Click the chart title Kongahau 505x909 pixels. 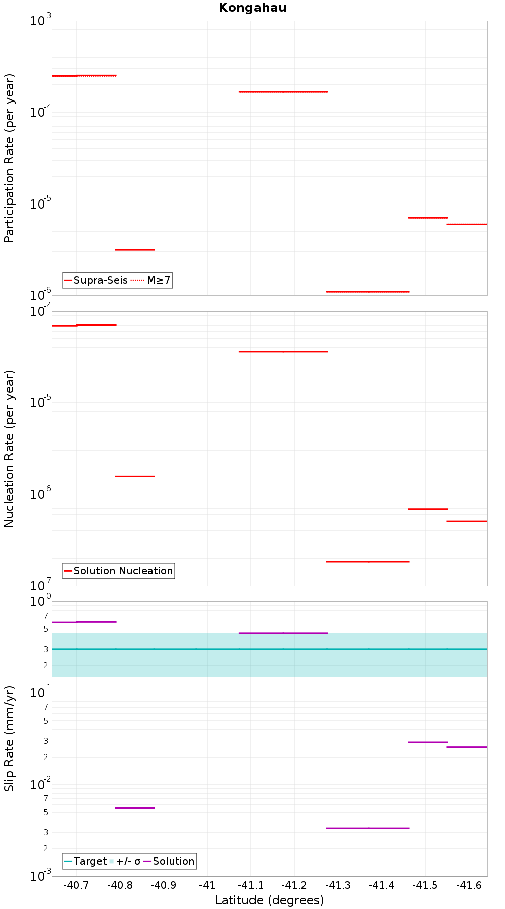coord(252,8)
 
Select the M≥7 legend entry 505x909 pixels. coord(151,280)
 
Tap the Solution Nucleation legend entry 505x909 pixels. coord(119,571)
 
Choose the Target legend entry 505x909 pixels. coord(85,861)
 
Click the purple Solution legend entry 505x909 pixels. coord(169,861)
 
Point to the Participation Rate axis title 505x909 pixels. coord(9,158)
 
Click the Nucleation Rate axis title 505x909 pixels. coord(9,449)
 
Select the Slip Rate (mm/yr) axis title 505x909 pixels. coord(9,739)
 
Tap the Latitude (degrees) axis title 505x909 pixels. coord(270,900)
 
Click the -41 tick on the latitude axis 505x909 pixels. coord(207,885)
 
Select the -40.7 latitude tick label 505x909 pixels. coord(76,885)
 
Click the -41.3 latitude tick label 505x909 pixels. coord(338,885)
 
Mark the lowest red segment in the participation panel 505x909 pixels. coord(368,292)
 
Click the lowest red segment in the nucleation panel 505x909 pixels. coord(368,562)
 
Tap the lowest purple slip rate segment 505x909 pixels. coord(368,828)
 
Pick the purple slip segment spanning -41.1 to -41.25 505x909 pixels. coord(283,633)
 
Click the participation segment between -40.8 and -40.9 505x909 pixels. coord(135,250)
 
